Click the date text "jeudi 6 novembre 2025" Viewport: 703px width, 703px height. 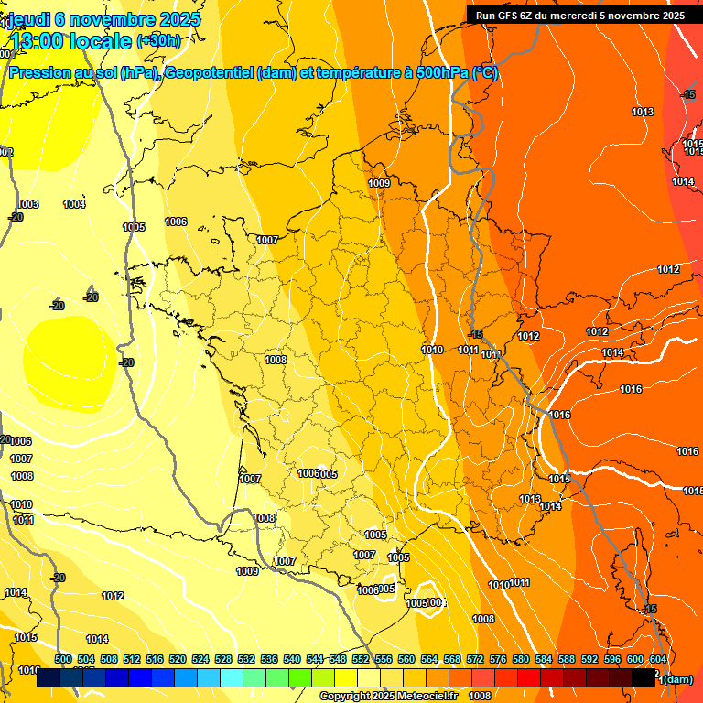pos(102,18)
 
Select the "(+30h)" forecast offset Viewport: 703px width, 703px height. pos(158,40)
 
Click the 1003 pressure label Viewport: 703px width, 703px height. pos(27,204)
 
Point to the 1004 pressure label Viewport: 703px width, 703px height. pos(74,204)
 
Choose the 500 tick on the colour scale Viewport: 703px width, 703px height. pos(63,659)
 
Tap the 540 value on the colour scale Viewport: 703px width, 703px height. pos(292,659)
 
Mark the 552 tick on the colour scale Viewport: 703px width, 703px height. pos(361,659)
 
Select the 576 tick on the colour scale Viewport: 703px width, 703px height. pos(498,659)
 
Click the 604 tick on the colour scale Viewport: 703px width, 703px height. pos(657,659)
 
